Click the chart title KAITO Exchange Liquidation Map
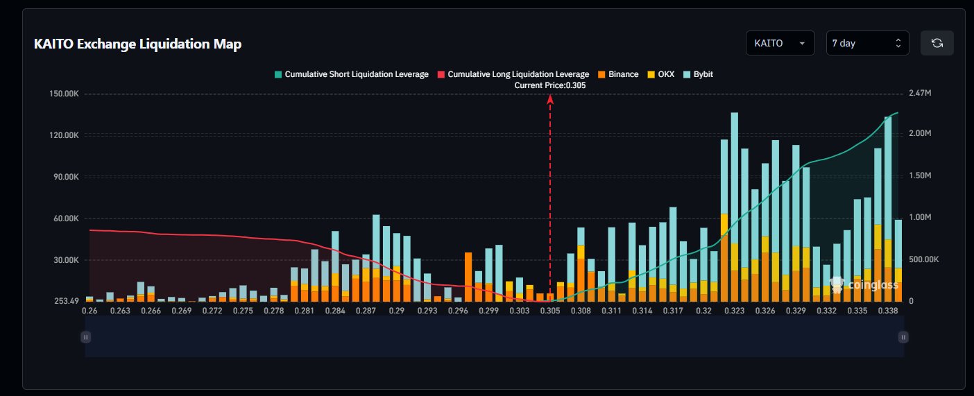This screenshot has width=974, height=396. [x=137, y=44]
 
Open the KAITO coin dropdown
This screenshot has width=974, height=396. [x=780, y=43]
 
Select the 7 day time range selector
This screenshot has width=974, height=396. [x=867, y=43]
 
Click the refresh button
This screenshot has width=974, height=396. [x=937, y=43]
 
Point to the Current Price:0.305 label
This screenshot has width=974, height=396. [x=550, y=85]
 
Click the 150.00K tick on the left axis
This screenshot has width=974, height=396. [x=63, y=94]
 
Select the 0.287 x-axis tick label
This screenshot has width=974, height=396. [x=366, y=311]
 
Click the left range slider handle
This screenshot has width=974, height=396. [x=86, y=337]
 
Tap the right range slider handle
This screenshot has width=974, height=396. [x=903, y=337]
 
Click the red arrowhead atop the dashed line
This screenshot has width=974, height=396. [x=550, y=99]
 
